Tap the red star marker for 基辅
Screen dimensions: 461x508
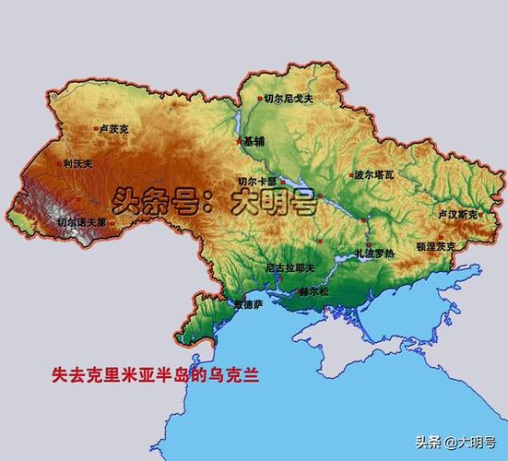point(240,141)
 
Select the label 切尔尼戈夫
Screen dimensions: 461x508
point(289,99)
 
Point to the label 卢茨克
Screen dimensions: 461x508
point(113,130)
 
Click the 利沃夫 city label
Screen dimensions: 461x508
point(77,164)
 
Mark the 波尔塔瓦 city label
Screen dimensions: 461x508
point(373,173)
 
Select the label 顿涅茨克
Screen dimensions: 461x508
point(435,246)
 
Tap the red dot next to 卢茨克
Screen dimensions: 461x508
point(95,129)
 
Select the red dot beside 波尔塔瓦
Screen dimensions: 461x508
point(349,172)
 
